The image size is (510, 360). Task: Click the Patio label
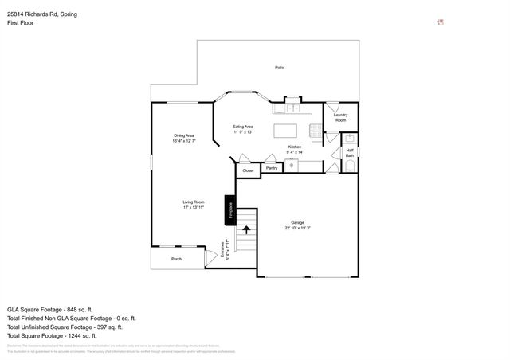(280, 68)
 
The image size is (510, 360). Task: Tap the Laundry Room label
(340, 117)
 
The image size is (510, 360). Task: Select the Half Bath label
(349, 152)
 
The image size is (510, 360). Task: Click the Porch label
(176, 259)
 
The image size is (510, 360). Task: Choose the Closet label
(248, 170)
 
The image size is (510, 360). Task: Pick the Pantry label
(272, 168)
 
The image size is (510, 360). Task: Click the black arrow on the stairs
(246, 231)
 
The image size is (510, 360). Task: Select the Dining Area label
(184, 135)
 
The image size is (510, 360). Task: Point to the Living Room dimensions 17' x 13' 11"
(194, 207)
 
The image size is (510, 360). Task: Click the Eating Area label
(243, 127)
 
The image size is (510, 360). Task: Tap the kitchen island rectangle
(292, 130)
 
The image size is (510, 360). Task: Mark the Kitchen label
(295, 147)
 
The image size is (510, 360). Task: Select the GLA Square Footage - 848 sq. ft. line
(50, 309)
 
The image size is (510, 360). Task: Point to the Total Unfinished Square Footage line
(65, 327)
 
